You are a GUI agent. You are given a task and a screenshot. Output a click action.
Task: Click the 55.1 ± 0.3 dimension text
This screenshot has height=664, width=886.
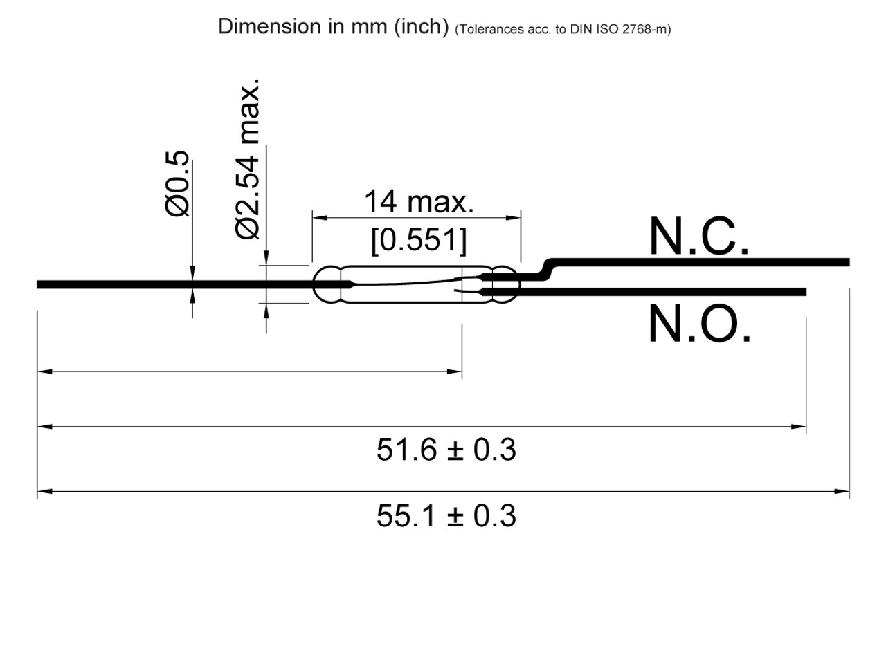pyautogui.click(x=446, y=516)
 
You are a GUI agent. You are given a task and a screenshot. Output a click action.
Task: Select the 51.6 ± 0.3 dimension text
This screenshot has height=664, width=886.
pyautogui.click(x=446, y=450)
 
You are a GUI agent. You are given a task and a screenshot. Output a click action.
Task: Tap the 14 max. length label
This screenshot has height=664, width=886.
pyautogui.click(x=419, y=202)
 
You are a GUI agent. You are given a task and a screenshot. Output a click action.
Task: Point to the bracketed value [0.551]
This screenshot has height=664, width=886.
pyautogui.click(x=419, y=240)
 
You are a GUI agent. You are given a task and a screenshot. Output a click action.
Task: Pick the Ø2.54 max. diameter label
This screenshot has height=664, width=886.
pyautogui.click(x=248, y=159)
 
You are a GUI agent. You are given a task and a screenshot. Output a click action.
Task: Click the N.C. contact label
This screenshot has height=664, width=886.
pyautogui.click(x=698, y=237)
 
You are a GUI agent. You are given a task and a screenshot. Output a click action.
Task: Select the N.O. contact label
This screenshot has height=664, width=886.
pyautogui.click(x=699, y=324)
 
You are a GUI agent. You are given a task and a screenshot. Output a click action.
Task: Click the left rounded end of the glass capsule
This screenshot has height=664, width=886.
pyautogui.click(x=320, y=284)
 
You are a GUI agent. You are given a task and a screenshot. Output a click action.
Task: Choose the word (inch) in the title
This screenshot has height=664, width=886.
pyautogui.click(x=422, y=26)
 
